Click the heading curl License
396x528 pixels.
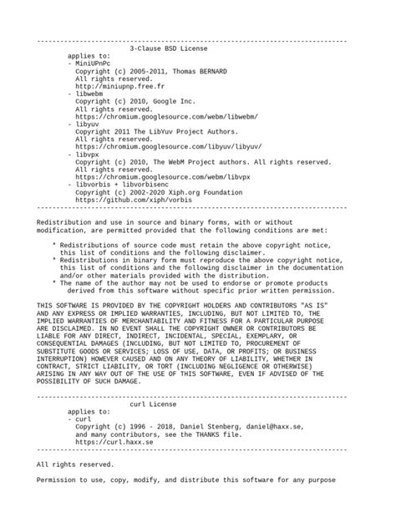(x=165, y=404)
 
